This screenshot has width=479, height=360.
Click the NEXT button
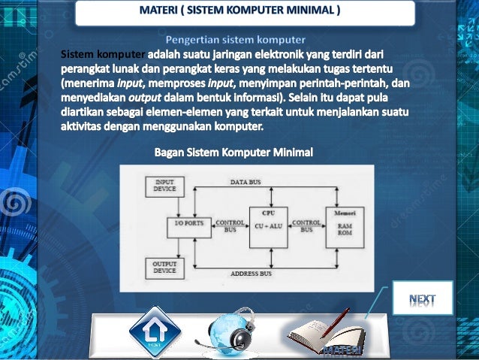(x=423, y=298)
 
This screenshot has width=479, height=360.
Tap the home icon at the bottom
(x=155, y=331)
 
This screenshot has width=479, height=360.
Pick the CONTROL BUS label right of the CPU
(x=306, y=225)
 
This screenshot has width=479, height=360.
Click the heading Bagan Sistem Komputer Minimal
(x=233, y=153)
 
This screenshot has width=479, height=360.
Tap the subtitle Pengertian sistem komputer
(x=236, y=39)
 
